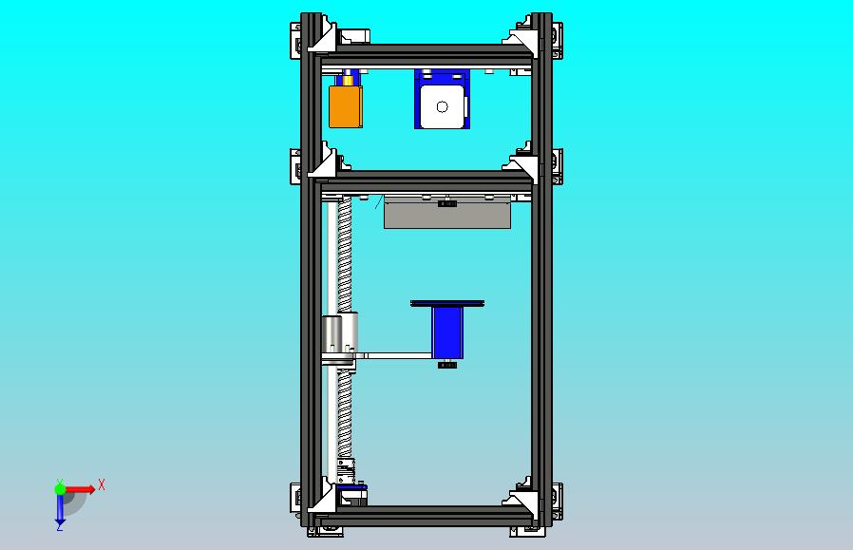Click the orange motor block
pyautogui.click(x=346, y=106)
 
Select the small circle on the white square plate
pyautogui.click(x=443, y=107)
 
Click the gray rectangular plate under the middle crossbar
pyautogui.click(x=447, y=213)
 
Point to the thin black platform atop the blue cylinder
pyautogui.click(x=447, y=303)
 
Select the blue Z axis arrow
pyautogui.click(x=60, y=509)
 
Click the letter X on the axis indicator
pyautogui.click(x=102, y=484)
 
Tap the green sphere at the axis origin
pyautogui.click(x=60, y=489)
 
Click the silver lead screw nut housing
pyautogui.click(x=340, y=332)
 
